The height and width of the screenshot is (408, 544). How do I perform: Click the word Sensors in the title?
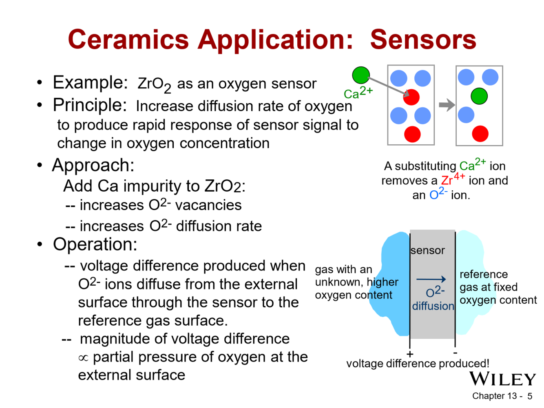click(423, 40)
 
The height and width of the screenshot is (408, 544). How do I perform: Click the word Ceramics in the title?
click(128, 40)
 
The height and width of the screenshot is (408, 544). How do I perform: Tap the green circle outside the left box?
click(360, 75)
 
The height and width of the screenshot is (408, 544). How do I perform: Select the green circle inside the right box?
click(479, 96)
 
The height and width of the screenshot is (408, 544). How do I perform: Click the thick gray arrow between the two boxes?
click(447, 105)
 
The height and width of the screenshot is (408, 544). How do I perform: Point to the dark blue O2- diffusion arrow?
click(431, 280)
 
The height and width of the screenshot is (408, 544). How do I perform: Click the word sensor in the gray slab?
click(428, 250)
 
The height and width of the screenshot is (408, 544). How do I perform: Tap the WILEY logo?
click(502, 379)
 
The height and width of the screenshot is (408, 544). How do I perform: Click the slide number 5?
click(530, 396)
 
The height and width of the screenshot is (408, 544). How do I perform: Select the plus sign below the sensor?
click(410, 354)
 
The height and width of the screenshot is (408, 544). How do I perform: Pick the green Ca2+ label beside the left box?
click(358, 93)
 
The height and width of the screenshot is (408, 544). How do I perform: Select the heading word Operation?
click(95, 245)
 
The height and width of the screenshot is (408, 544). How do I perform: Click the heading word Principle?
click(90, 105)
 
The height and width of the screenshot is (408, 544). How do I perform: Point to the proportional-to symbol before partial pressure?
click(83, 358)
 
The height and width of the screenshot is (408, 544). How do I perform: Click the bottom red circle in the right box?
click(480, 134)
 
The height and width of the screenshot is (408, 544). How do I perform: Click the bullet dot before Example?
click(39, 83)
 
